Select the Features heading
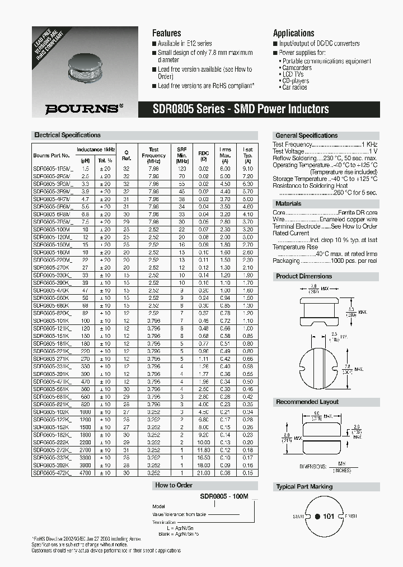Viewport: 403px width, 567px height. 166,33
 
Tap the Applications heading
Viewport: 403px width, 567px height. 293,33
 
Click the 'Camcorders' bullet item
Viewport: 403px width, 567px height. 297,68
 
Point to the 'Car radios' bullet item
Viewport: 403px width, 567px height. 294,88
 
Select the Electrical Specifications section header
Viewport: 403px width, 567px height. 67,136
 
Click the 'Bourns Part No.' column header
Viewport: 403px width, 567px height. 51,156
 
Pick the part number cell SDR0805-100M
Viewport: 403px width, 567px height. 51,230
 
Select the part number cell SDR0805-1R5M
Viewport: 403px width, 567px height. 51,168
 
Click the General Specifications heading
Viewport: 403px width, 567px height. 306,136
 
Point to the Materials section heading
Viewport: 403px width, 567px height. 288,204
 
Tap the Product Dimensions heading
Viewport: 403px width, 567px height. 304,276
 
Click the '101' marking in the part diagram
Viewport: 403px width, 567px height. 329,516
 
